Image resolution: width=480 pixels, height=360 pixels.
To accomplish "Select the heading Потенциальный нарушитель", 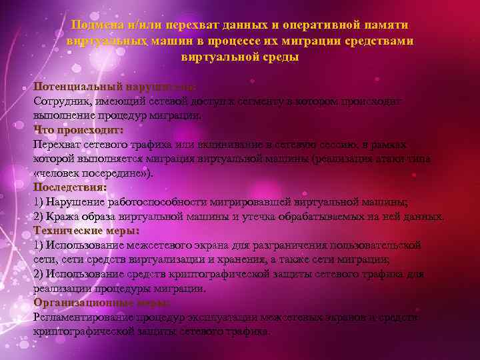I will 115,87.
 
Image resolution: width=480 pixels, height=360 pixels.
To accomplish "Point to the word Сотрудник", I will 60,101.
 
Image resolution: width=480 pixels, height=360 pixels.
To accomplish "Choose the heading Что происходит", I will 78,129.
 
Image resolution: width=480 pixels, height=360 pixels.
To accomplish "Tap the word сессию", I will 331,144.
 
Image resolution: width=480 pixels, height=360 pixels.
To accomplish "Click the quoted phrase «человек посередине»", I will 91,173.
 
